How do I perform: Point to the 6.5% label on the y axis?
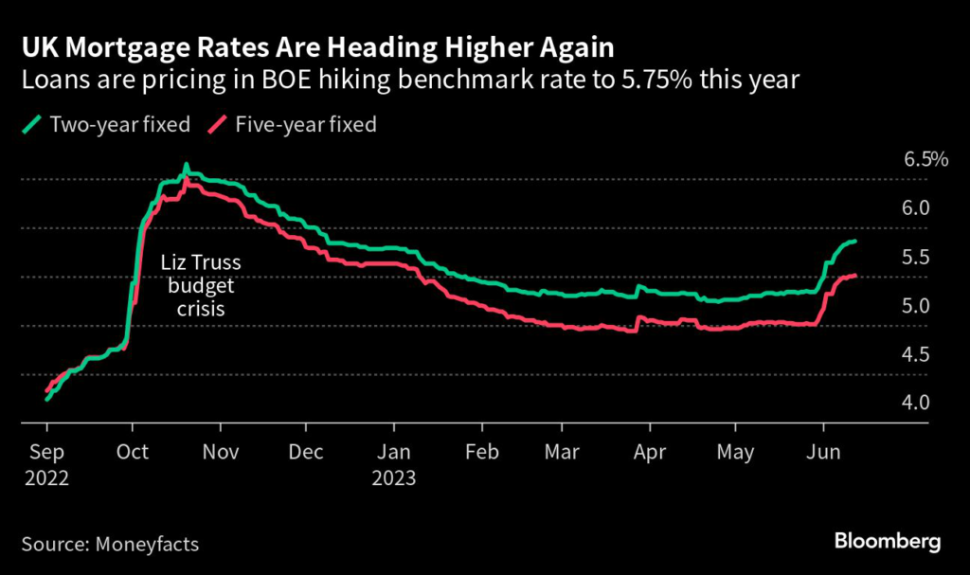[925, 159]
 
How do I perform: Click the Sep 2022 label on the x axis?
[47, 465]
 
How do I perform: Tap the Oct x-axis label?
[133, 453]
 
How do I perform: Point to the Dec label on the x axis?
[306, 453]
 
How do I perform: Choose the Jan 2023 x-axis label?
[394, 465]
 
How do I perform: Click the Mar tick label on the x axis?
[563, 453]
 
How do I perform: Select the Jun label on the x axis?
[824, 453]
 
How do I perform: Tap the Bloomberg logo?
[887, 542]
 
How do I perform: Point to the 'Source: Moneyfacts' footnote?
[110, 544]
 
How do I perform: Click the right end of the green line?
[855, 242]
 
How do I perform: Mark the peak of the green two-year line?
[186, 168]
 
